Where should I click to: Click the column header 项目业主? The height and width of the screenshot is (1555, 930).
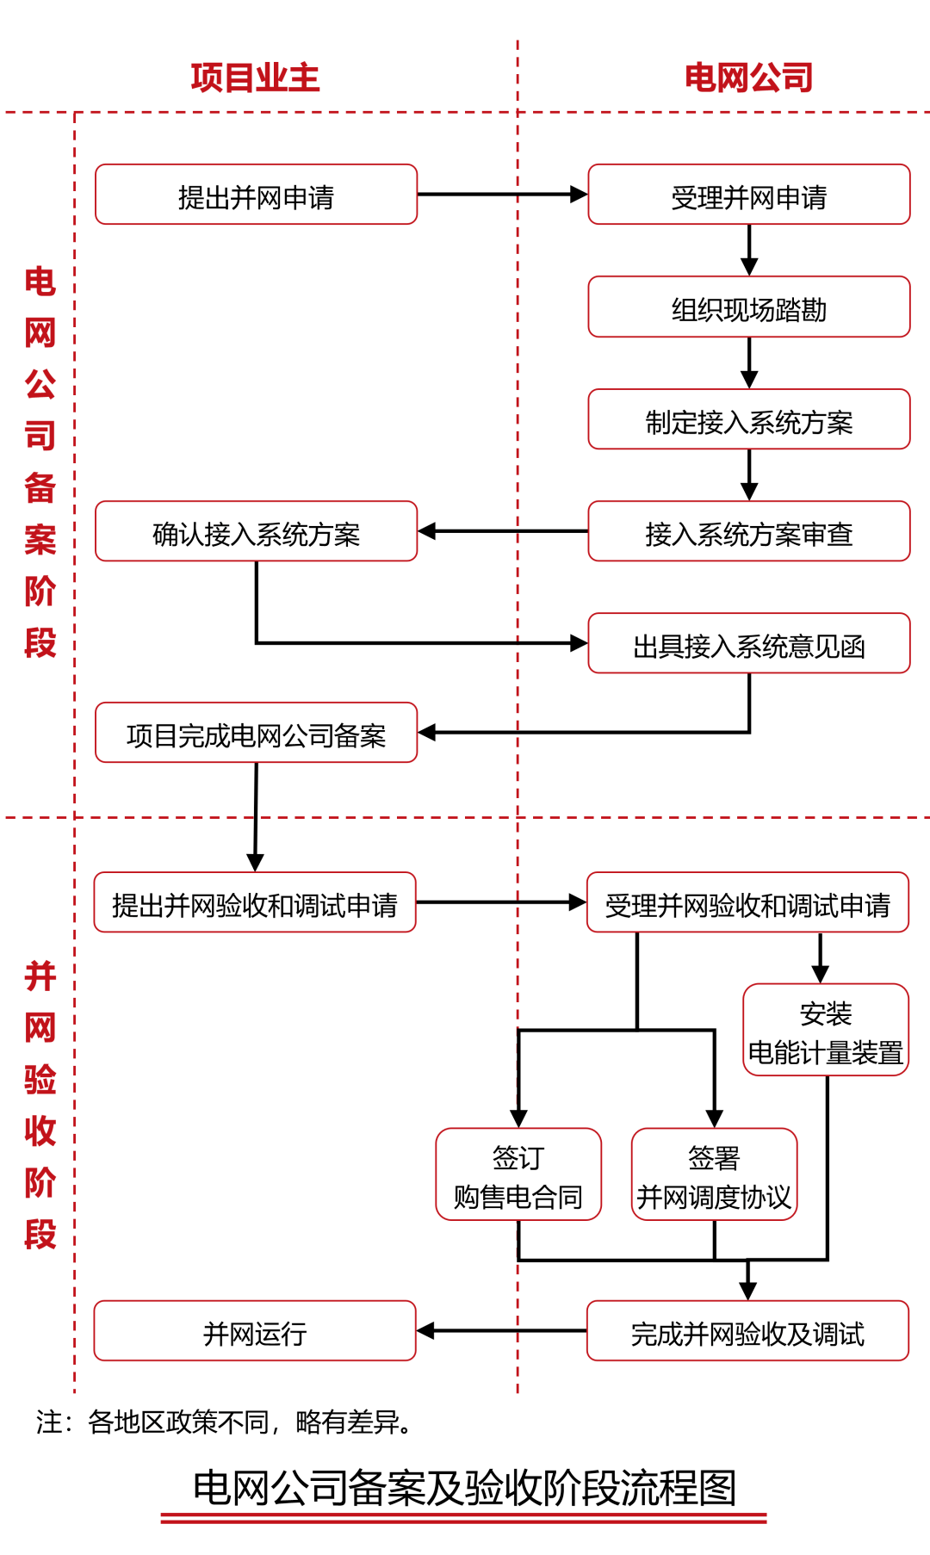click(255, 77)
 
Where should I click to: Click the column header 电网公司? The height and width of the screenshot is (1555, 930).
click(749, 77)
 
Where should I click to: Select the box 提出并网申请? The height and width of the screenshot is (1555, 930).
click(256, 195)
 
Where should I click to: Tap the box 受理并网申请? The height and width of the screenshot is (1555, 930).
click(749, 195)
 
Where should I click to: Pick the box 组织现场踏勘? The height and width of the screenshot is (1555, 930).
click(749, 307)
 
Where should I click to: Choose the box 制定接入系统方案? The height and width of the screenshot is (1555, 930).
click(749, 420)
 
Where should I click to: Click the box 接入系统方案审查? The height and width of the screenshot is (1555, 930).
click(749, 532)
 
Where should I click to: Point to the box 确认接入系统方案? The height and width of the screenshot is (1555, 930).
click(256, 532)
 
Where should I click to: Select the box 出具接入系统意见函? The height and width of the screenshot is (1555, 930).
click(749, 644)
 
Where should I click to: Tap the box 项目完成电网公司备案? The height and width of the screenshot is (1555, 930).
click(256, 734)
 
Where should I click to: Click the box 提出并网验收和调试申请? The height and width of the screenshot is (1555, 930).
click(255, 903)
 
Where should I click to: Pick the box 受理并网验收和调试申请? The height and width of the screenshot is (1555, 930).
click(747, 903)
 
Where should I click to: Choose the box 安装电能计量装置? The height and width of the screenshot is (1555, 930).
click(826, 1031)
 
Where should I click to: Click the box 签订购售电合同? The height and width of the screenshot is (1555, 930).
click(518, 1175)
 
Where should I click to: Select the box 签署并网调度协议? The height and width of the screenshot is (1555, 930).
click(714, 1175)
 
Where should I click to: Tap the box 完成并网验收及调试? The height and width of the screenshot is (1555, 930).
click(747, 1332)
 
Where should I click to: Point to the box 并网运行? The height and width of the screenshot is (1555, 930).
click(255, 1332)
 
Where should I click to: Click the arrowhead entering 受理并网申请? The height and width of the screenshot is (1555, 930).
click(579, 195)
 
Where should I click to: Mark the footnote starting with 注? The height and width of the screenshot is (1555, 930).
click(224, 1422)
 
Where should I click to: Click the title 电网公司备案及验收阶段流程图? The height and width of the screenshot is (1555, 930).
click(464, 1487)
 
